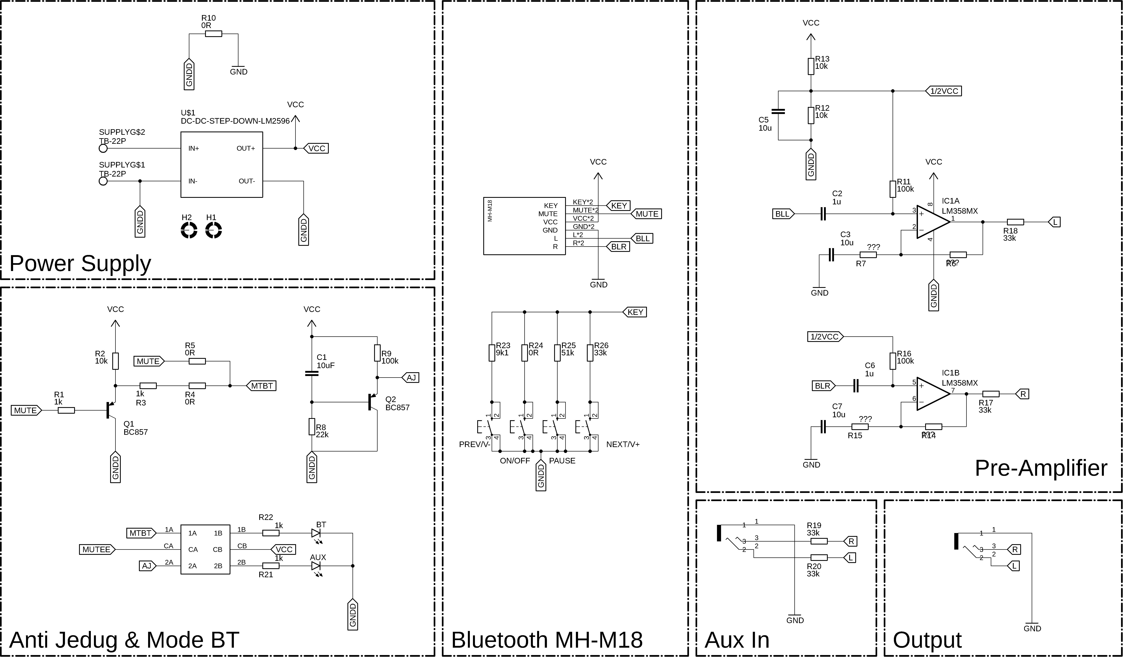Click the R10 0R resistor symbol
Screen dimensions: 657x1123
tap(213, 33)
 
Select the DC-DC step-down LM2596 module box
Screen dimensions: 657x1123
tap(221, 165)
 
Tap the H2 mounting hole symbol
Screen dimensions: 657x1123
tap(189, 231)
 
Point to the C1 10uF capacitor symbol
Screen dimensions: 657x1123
tap(311, 373)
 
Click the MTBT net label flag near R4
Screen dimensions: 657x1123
tap(262, 386)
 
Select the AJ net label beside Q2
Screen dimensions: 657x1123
tap(410, 378)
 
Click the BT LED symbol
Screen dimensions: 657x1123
tap(316, 533)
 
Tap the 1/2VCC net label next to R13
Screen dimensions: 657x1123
tap(944, 91)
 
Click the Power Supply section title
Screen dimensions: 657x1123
tap(80, 263)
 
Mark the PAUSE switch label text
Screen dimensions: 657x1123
tap(562, 461)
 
